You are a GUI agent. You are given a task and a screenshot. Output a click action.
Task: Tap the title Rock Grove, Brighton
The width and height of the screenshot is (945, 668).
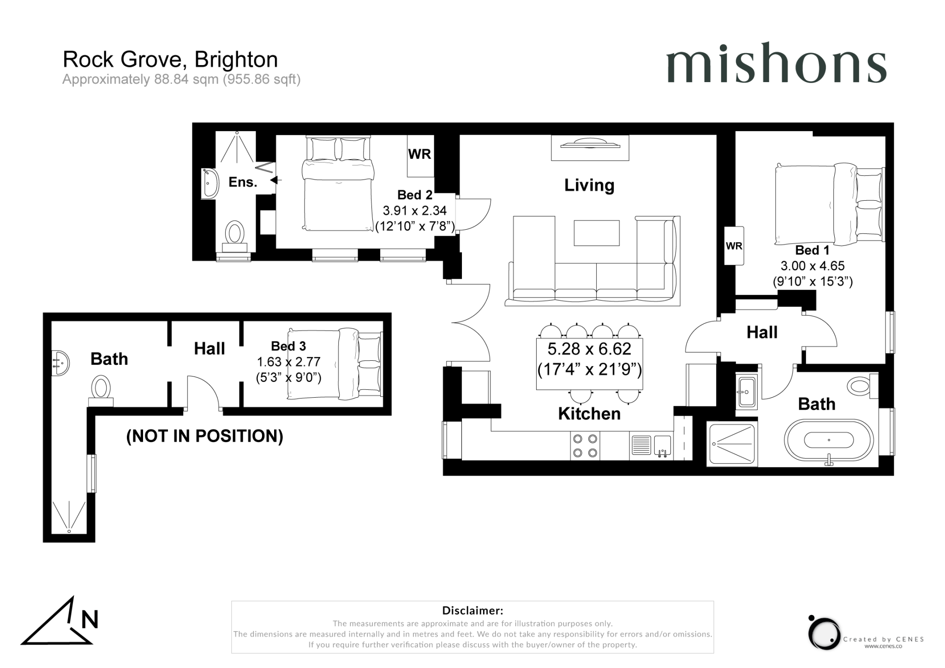pos(170,59)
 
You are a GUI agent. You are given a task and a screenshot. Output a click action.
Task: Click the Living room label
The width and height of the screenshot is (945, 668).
pos(589,185)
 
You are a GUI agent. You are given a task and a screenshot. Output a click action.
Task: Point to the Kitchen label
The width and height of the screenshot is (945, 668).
pos(589,414)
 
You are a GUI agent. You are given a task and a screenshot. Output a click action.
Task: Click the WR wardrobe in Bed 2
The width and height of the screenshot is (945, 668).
pos(419,155)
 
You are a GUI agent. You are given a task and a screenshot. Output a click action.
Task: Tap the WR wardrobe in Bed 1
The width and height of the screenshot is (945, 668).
pos(734,246)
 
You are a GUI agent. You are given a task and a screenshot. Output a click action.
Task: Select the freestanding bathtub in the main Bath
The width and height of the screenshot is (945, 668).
pos(829,440)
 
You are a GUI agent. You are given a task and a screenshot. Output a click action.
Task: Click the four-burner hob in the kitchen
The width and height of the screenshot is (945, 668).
pos(585,446)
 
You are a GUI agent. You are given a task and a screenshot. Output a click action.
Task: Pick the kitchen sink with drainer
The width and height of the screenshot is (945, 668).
pos(650,446)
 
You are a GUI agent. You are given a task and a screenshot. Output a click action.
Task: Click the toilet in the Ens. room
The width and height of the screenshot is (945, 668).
pos(235,233)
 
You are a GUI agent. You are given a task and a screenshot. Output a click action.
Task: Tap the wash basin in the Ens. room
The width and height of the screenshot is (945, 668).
pos(210,183)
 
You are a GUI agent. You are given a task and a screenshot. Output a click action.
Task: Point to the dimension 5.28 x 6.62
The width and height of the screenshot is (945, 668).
pos(589,349)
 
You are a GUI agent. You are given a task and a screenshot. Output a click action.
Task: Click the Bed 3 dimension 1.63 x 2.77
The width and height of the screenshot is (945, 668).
pos(288,362)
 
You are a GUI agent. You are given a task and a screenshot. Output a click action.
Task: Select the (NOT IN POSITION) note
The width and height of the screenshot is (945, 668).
pos(204,436)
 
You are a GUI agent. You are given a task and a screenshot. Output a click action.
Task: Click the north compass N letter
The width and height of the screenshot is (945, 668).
pos(90,620)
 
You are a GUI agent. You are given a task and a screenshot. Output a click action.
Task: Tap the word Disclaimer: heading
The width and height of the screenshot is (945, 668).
pos(472,611)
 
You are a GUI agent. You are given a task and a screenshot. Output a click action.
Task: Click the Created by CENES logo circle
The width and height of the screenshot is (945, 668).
pos(824,633)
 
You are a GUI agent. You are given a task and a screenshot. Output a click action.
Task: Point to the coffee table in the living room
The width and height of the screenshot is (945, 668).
pos(596,233)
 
